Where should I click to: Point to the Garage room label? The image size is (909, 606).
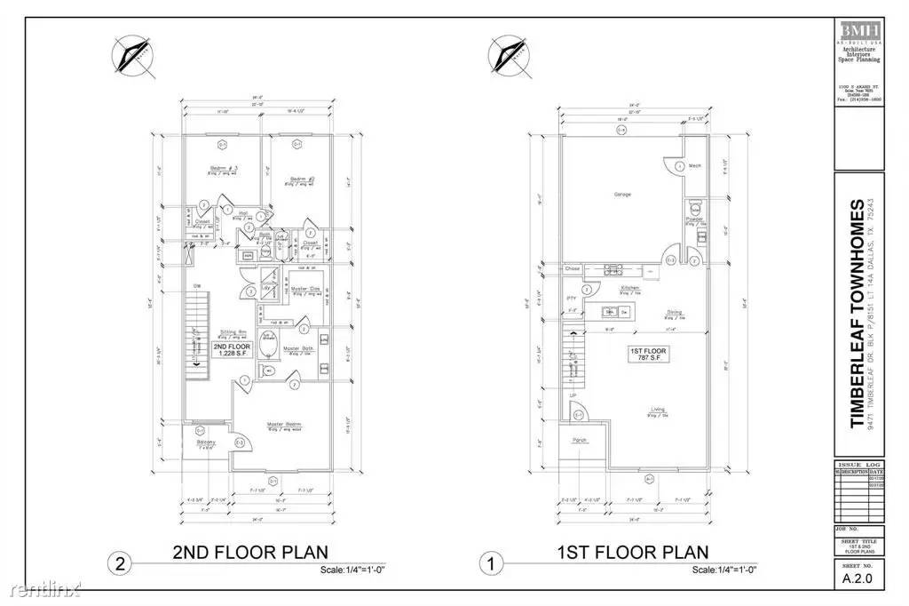pos(622,194)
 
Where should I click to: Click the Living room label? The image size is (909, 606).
pos(657,411)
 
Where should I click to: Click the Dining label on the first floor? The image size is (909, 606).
pos(675,312)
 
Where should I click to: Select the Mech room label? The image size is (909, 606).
pos(696,166)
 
